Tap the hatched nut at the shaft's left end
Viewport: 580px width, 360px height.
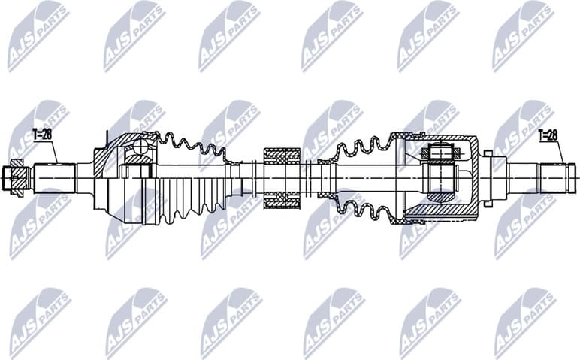(17, 177)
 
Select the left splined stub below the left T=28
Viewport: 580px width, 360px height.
(56, 177)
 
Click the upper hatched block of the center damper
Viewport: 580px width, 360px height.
(282, 156)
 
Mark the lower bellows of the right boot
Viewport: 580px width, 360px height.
(357, 207)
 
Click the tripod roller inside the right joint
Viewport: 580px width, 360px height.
(439, 153)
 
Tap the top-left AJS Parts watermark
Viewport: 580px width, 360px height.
(38, 34)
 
